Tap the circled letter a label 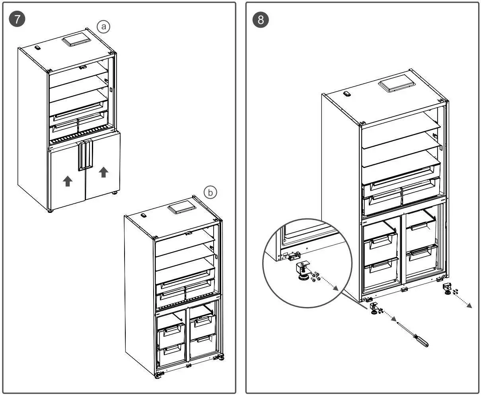103,27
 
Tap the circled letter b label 210,192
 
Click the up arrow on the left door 68,181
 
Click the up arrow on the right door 103,172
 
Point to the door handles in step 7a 85,155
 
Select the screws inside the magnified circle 315,276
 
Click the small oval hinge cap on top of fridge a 38,48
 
